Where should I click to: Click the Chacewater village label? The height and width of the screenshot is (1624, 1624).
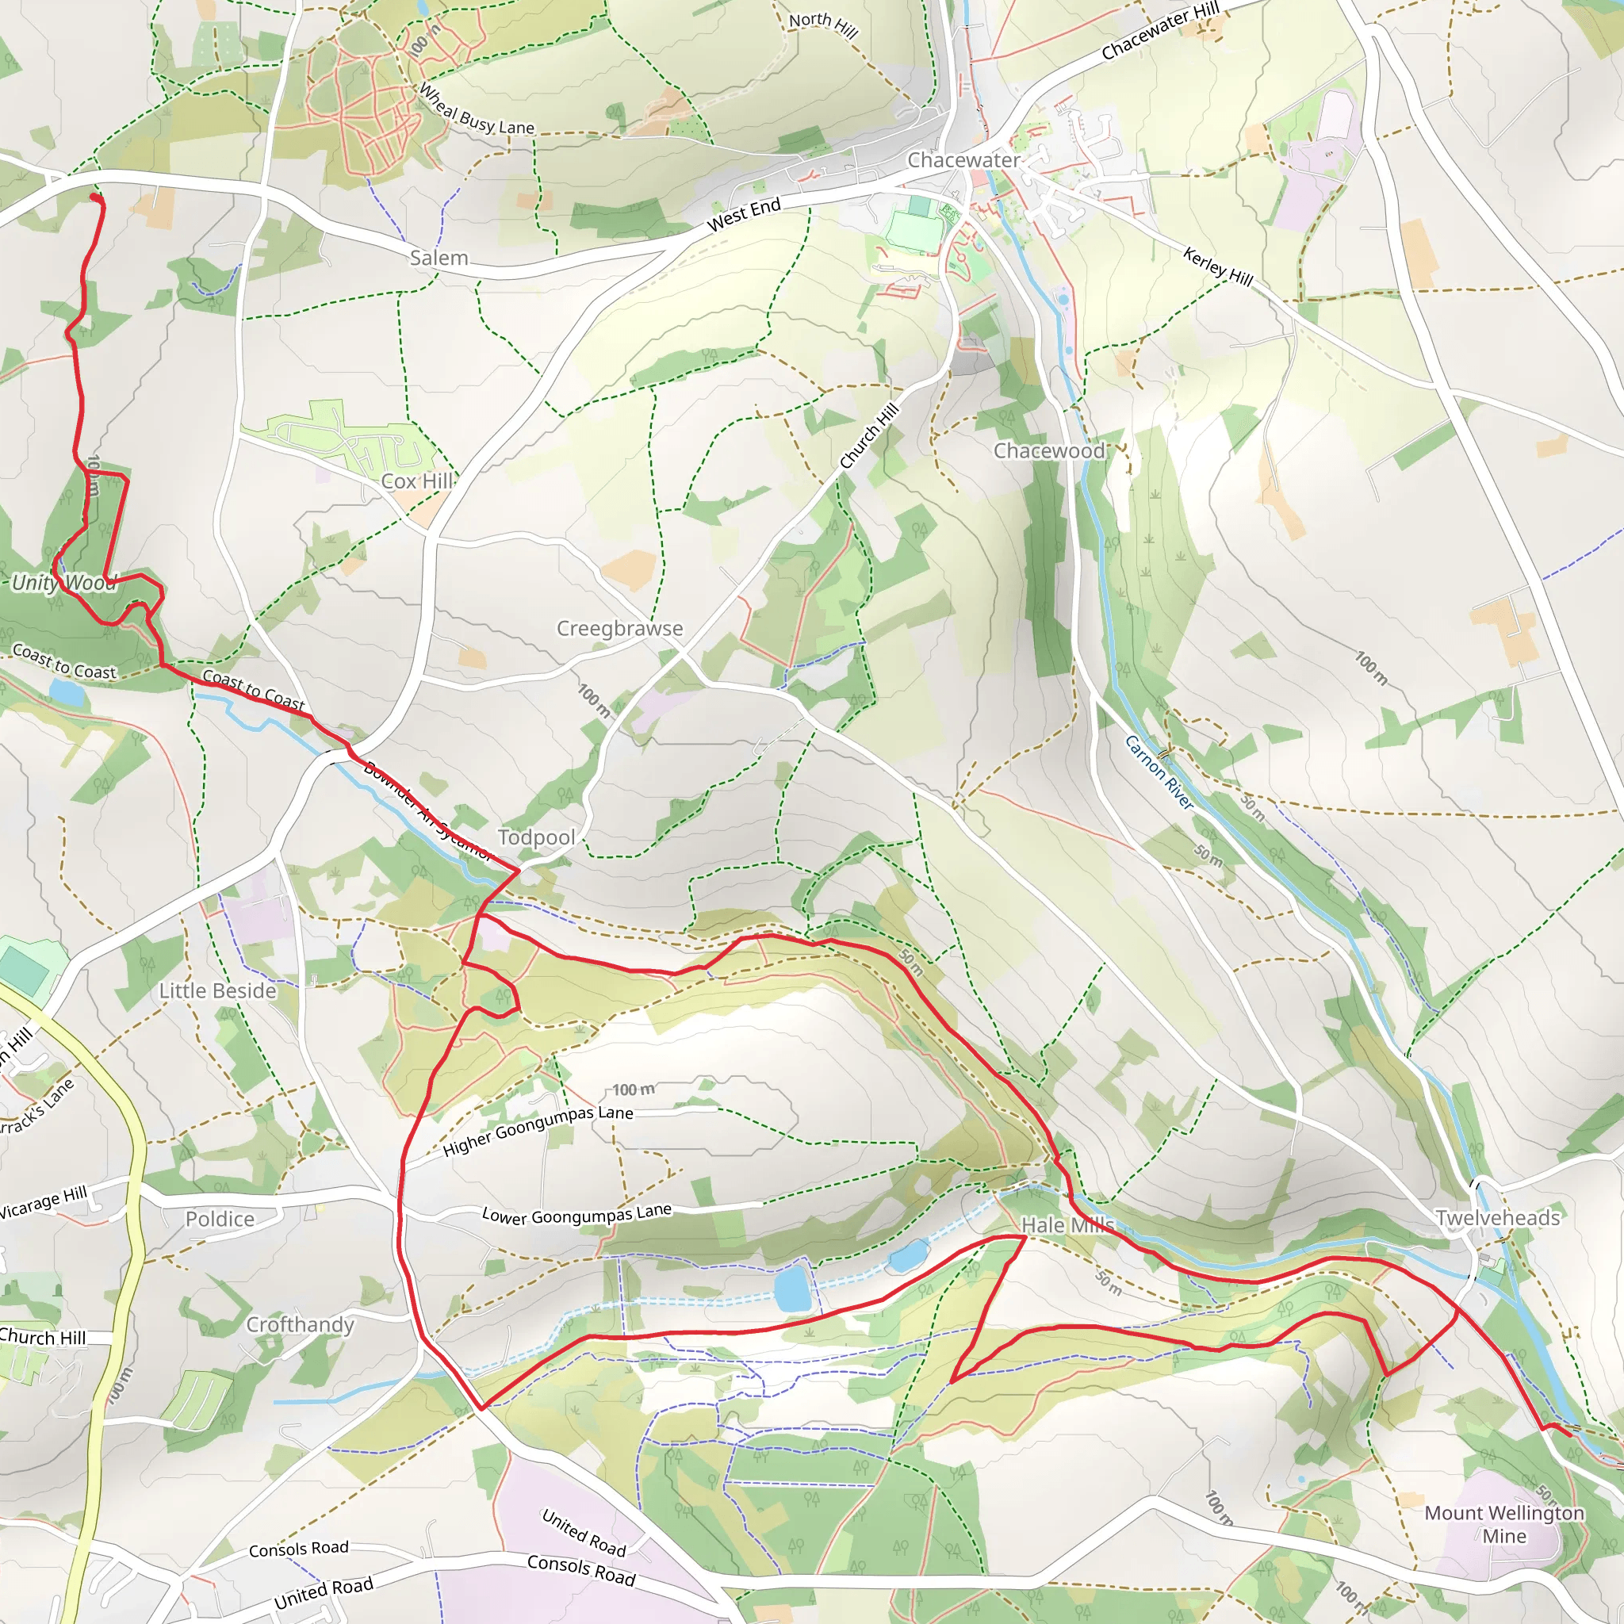pyautogui.click(x=963, y=159)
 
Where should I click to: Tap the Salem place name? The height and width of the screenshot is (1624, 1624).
pyautogui.click(x=439, y=258)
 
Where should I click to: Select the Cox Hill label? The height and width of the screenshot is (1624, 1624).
pyautogui.click(x=417, y=481)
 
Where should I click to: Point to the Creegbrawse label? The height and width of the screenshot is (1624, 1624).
pyautogui.click(x=619, y=629)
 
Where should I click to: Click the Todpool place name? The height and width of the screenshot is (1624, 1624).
pyautogui.click(x=536, y=837)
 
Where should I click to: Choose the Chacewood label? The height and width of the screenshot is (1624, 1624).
pyautogui.click(x=1049, y=451)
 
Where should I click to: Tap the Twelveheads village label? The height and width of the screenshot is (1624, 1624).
pyautogui.click(x=1497, y=1218)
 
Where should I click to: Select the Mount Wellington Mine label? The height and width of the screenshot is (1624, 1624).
pyautogui.click(x=1503, y=1524)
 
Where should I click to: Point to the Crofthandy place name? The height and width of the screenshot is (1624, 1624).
pyautogui.click(x=300, y=1325)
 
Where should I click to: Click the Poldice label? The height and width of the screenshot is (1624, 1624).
pyautogui.click(x=220, y=1219)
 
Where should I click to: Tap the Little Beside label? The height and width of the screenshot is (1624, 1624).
pyautogui.click(x=218, y=991)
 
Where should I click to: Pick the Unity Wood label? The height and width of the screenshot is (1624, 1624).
pyautogui.click(x=64, y=583)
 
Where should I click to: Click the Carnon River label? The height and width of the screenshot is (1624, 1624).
pyautogui.click(x=1159, y=772)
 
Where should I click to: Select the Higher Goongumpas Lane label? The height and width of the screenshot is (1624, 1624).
pyautogui.click(x=538, y=1130)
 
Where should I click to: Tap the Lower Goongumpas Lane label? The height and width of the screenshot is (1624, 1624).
pyautogui.click(x=576, y=1215)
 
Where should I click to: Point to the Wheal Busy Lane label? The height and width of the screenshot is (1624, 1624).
pyautogui.click(x=476, y=109)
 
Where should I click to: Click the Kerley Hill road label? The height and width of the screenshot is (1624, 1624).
pyautogui.click(x=1218, y=266)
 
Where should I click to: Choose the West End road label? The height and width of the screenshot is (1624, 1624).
pyautogui.click(x=744, y=215)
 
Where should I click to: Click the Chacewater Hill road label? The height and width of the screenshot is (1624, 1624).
pyautogui.click(x=1160, y=32)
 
